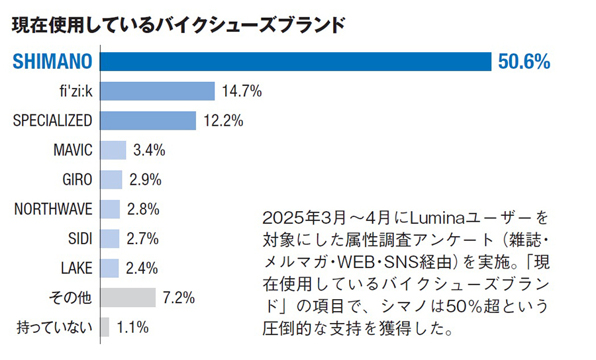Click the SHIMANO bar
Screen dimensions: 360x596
295,62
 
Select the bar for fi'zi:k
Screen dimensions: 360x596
158,91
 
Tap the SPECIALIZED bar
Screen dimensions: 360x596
148,120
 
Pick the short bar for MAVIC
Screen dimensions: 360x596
113,150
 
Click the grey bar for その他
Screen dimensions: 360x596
128,298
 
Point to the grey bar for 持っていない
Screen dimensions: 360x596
105,327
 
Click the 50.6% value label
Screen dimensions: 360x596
524,62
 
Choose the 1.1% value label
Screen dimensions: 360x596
132,327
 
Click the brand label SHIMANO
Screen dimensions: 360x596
52,62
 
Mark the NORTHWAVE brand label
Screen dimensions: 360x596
54,209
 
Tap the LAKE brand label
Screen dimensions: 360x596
77,268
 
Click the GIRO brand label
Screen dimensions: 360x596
77,180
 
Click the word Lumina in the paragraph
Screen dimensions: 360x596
431,218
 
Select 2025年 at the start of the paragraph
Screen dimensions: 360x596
285,218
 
